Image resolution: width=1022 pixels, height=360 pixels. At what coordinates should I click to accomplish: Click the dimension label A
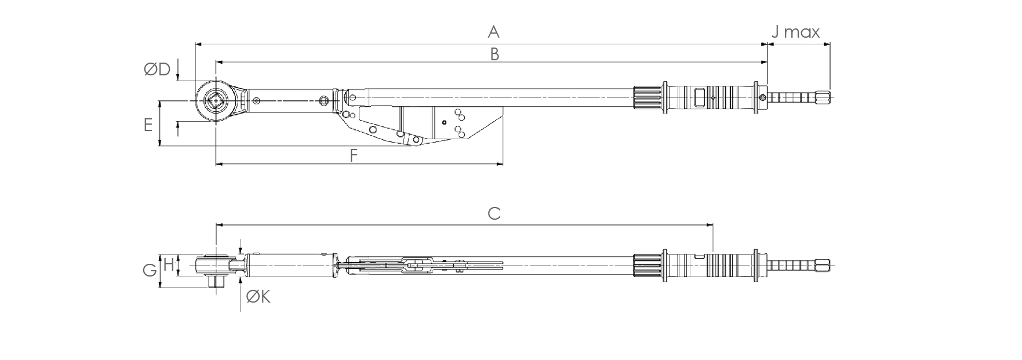[493, 31]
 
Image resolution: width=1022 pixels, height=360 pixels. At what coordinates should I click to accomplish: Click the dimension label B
[494, 54]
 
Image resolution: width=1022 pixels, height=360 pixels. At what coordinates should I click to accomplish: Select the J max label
[795, 32]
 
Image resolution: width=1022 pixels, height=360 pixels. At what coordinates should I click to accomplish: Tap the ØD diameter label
[157, 70]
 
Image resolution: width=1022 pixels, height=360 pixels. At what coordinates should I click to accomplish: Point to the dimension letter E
[148, 125]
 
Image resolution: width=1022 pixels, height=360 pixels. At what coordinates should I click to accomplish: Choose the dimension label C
[493, 213]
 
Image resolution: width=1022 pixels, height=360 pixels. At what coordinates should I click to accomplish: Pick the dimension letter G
[149, 270]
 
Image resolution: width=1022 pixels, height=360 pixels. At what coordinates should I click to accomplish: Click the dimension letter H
[168, 265]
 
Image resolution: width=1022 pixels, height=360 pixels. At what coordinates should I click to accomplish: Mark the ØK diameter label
[258, 297]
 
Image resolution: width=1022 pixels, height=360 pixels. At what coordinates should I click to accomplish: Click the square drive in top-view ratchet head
[217, 101]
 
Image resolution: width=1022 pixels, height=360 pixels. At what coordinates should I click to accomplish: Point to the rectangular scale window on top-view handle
[700, 97]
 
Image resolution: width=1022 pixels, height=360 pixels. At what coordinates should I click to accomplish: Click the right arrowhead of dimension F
[500, 165]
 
